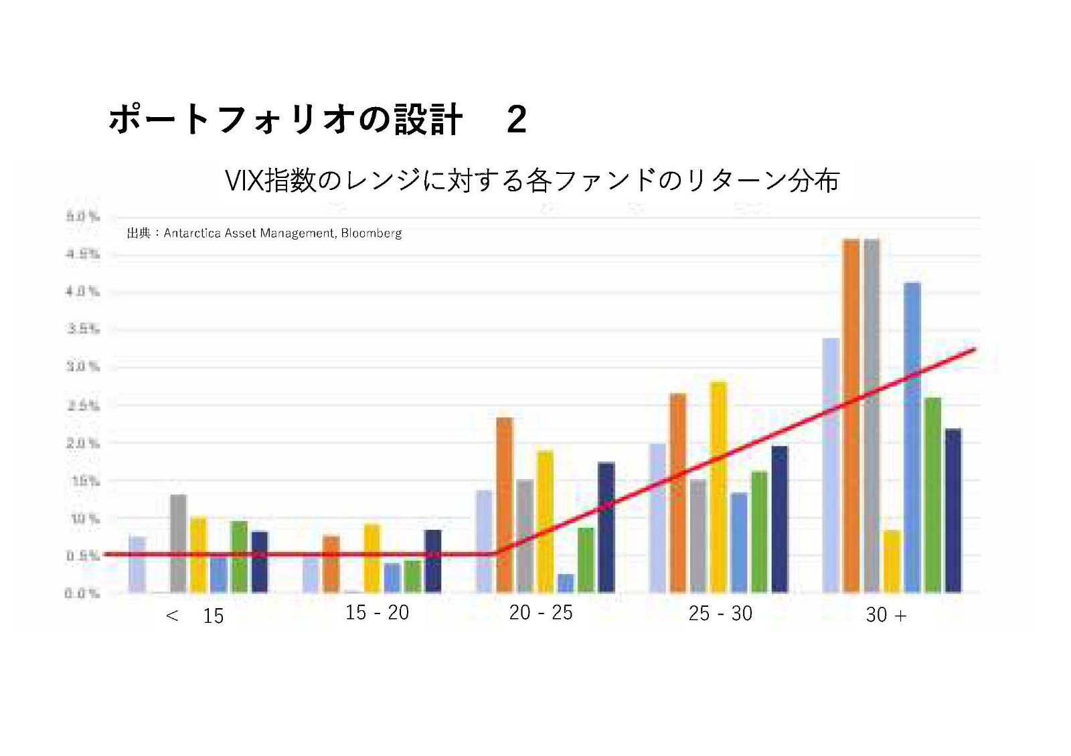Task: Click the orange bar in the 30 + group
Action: point(851,415)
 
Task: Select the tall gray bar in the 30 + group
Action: point(872,415)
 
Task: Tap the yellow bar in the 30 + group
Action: point(892,561)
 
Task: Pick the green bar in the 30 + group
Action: point(932,495)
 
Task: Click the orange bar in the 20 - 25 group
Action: point(505,505)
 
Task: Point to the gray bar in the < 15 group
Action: point(179,543)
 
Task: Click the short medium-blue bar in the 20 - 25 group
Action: point(566,583)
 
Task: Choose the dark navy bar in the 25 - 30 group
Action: point(779,519)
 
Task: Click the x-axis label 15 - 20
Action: point(377,613)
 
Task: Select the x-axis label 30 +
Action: point(886,615)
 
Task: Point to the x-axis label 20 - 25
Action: point(541,613)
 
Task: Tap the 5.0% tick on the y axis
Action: point(82,217)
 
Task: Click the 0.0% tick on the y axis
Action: point(82,593)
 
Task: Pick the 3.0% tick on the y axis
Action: point(82,367)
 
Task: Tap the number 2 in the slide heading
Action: point(516,120)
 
